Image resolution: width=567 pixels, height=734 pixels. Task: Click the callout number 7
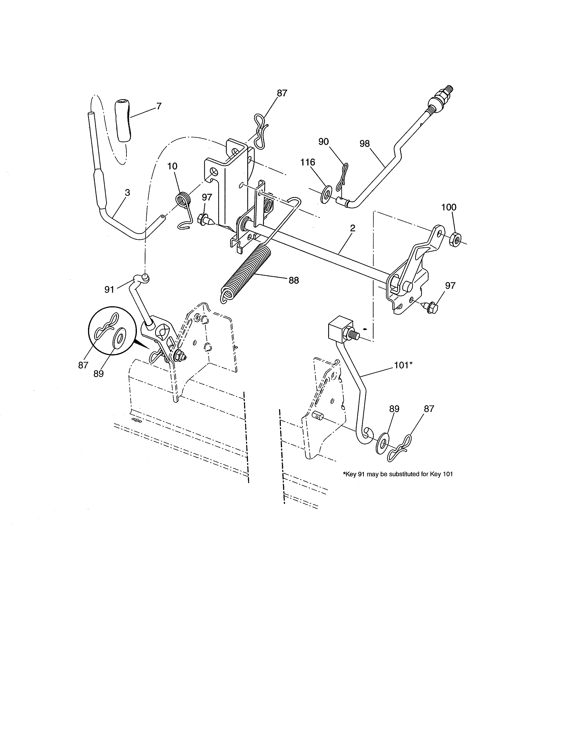coord(159,106)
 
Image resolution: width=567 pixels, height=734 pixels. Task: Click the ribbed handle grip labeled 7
coord(123,121)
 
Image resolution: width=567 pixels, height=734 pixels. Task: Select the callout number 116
coord(308,162)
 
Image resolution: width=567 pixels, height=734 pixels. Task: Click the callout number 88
coord(294,280)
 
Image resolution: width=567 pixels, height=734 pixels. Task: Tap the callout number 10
coord(172,166)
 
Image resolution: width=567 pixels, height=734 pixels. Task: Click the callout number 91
coord(109,289)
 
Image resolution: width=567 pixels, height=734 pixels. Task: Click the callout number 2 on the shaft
coord(353,228)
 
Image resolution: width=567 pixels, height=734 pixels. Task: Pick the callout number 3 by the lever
coord(127,193)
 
